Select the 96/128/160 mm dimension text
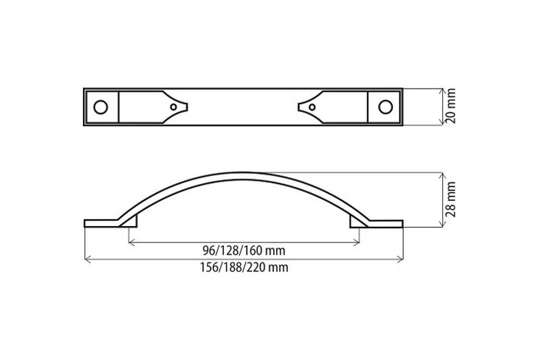coord(243,251)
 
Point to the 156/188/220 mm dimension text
coord(243,268)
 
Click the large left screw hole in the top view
coord(100,106)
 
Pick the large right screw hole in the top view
coord(386,106)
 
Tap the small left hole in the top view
coord(174,107)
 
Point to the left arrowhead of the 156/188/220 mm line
coord(87,259)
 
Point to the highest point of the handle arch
coord(243,172)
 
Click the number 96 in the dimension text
coord(208,251)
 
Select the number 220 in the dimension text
coord(261,268)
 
